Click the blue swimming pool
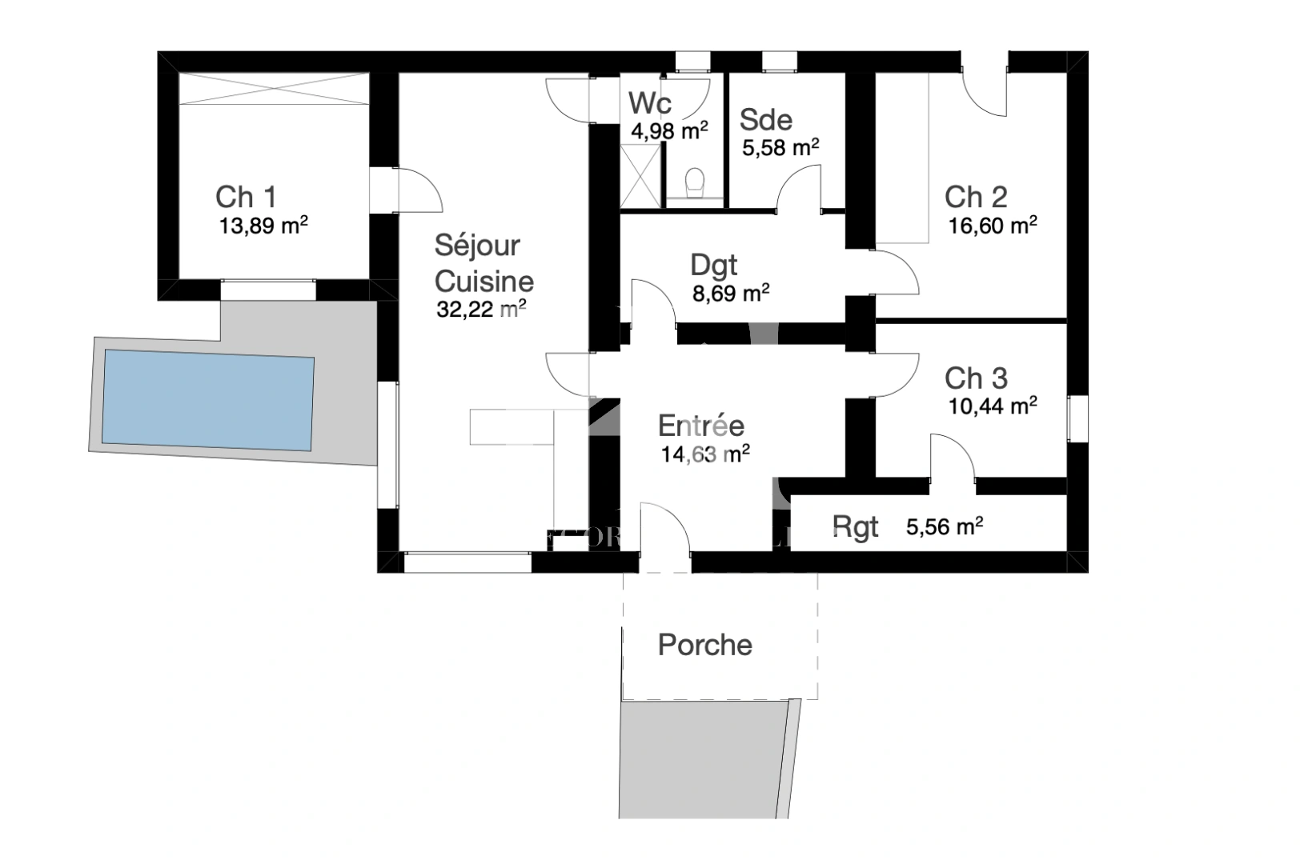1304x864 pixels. (x=207, y=398)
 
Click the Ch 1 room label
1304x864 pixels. (x=246, y=197)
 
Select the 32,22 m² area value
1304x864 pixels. (x=481, y=309)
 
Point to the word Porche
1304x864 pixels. (x=704, y=645)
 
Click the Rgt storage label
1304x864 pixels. (x=855, y=527)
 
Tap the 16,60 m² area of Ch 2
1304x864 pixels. (x=993, y=226)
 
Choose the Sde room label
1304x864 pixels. (x=766, y=120)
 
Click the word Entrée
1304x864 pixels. (x=700, y=426)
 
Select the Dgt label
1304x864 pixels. (x=714, y=265)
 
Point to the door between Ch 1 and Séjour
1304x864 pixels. (x=417, y=190)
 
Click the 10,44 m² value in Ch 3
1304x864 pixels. (x=993, y=406)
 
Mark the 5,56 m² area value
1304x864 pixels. (x=945, y=527)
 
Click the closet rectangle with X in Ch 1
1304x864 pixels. (x=273, y=87)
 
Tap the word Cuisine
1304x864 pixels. (x=483, y=281)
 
